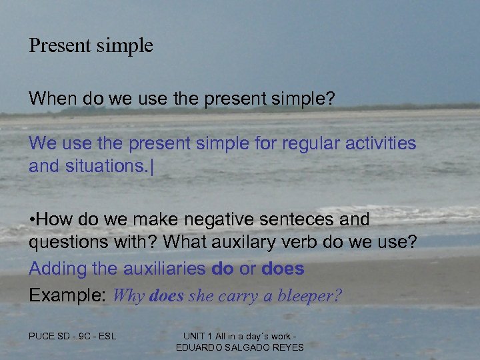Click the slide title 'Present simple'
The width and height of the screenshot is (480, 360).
pos(91,46)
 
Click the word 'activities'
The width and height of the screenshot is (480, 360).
pos(383,143)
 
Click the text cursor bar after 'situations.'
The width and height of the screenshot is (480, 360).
pos(153,165)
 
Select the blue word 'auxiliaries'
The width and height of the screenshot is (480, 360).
pos(163,269)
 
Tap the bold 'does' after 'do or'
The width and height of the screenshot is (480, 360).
pos(283,269)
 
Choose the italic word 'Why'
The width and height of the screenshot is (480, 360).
pos(130,296)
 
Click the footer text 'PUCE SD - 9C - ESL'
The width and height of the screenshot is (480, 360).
pos(72,336)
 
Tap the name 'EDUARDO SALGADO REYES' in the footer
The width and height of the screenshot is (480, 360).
pos(239,347)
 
